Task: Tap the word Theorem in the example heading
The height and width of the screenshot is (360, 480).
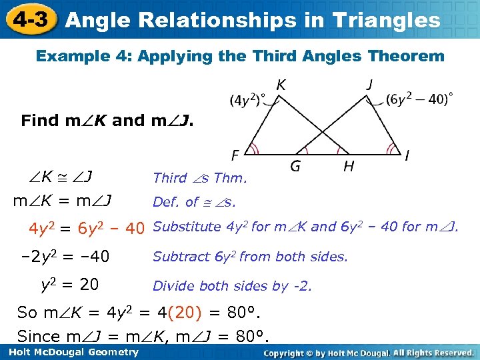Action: (408, 56)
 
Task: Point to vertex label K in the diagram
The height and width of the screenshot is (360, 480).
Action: (281, 85)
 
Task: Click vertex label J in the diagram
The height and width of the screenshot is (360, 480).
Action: (369, 85)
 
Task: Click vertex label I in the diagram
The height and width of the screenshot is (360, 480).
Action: (407, 156)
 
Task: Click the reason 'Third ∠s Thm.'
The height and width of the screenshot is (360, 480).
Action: (199, 177)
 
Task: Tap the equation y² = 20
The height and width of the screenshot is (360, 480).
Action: (70, 285)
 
